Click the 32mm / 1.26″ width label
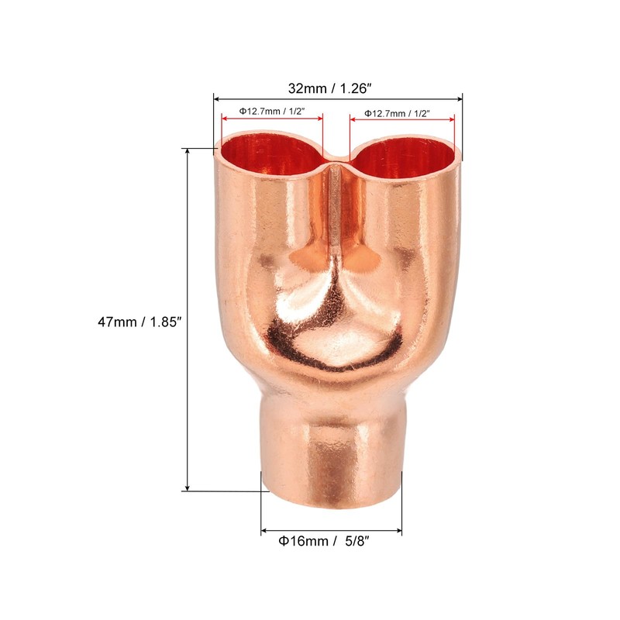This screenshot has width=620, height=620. (337, 88)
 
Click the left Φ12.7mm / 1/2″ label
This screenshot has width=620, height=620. (271, 112)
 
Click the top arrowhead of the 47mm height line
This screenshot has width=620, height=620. (188, 152)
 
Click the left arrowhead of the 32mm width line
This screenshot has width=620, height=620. (218, 98)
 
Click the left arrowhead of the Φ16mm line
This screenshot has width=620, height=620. (265, 532)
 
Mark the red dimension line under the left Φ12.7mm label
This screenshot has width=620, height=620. (272, 119)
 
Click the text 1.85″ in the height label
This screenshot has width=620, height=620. (157, 319)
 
